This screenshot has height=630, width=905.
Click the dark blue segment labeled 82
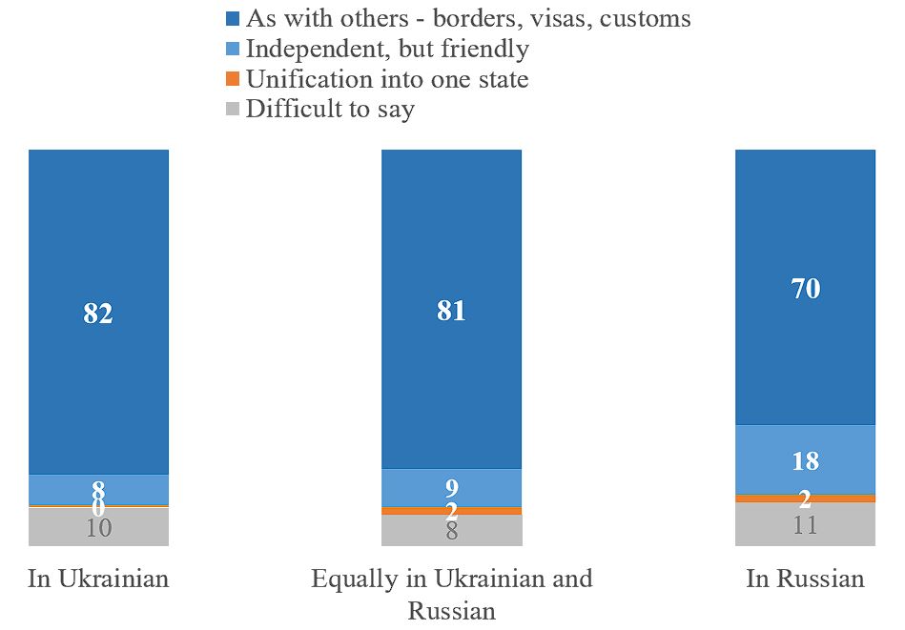(98, 312)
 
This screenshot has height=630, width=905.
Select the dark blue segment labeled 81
(451, 309)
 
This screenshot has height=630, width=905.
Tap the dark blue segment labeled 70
(805, 287)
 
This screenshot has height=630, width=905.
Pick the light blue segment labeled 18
(805, 459)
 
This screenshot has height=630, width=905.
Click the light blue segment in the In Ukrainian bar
(98, 489)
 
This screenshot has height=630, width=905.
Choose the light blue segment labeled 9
(451, 487)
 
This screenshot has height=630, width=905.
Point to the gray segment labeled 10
(98, 527)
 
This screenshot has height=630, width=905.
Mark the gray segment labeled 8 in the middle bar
(451, 531)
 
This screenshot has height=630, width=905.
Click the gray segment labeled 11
(805, 524)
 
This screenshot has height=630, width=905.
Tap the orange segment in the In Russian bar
(805, 498)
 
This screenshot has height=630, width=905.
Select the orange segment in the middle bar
(451, 511)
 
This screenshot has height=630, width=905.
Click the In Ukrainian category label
(98, 579)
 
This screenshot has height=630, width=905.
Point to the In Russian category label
(805, 579)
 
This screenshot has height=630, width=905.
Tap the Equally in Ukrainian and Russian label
(451, 593)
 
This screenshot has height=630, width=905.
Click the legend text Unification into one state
(386, 78)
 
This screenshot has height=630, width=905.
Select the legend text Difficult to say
(330, 109)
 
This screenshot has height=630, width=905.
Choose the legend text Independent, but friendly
(387, 48)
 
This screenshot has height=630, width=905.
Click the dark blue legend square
(234, 18)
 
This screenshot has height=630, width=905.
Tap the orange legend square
(234, 79)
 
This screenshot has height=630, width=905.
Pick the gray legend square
(234, 110)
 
